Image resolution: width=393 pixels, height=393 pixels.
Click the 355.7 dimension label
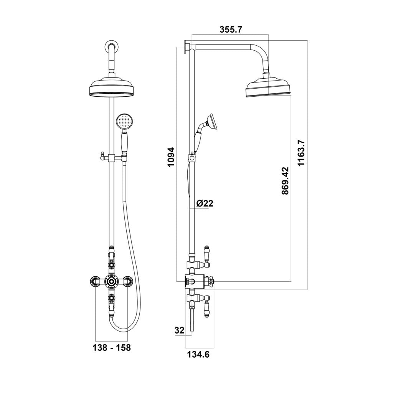pos(230,30)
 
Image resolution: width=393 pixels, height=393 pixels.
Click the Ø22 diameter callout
pos(205,203)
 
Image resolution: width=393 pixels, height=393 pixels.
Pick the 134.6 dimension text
pos(198,355)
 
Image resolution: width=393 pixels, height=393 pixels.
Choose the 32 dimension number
pos(179,330)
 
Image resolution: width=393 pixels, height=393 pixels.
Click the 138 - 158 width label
pos(112,348)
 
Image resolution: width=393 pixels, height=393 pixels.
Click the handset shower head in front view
pos(124,122)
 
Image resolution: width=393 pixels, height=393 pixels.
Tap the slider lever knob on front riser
pos(102,155)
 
